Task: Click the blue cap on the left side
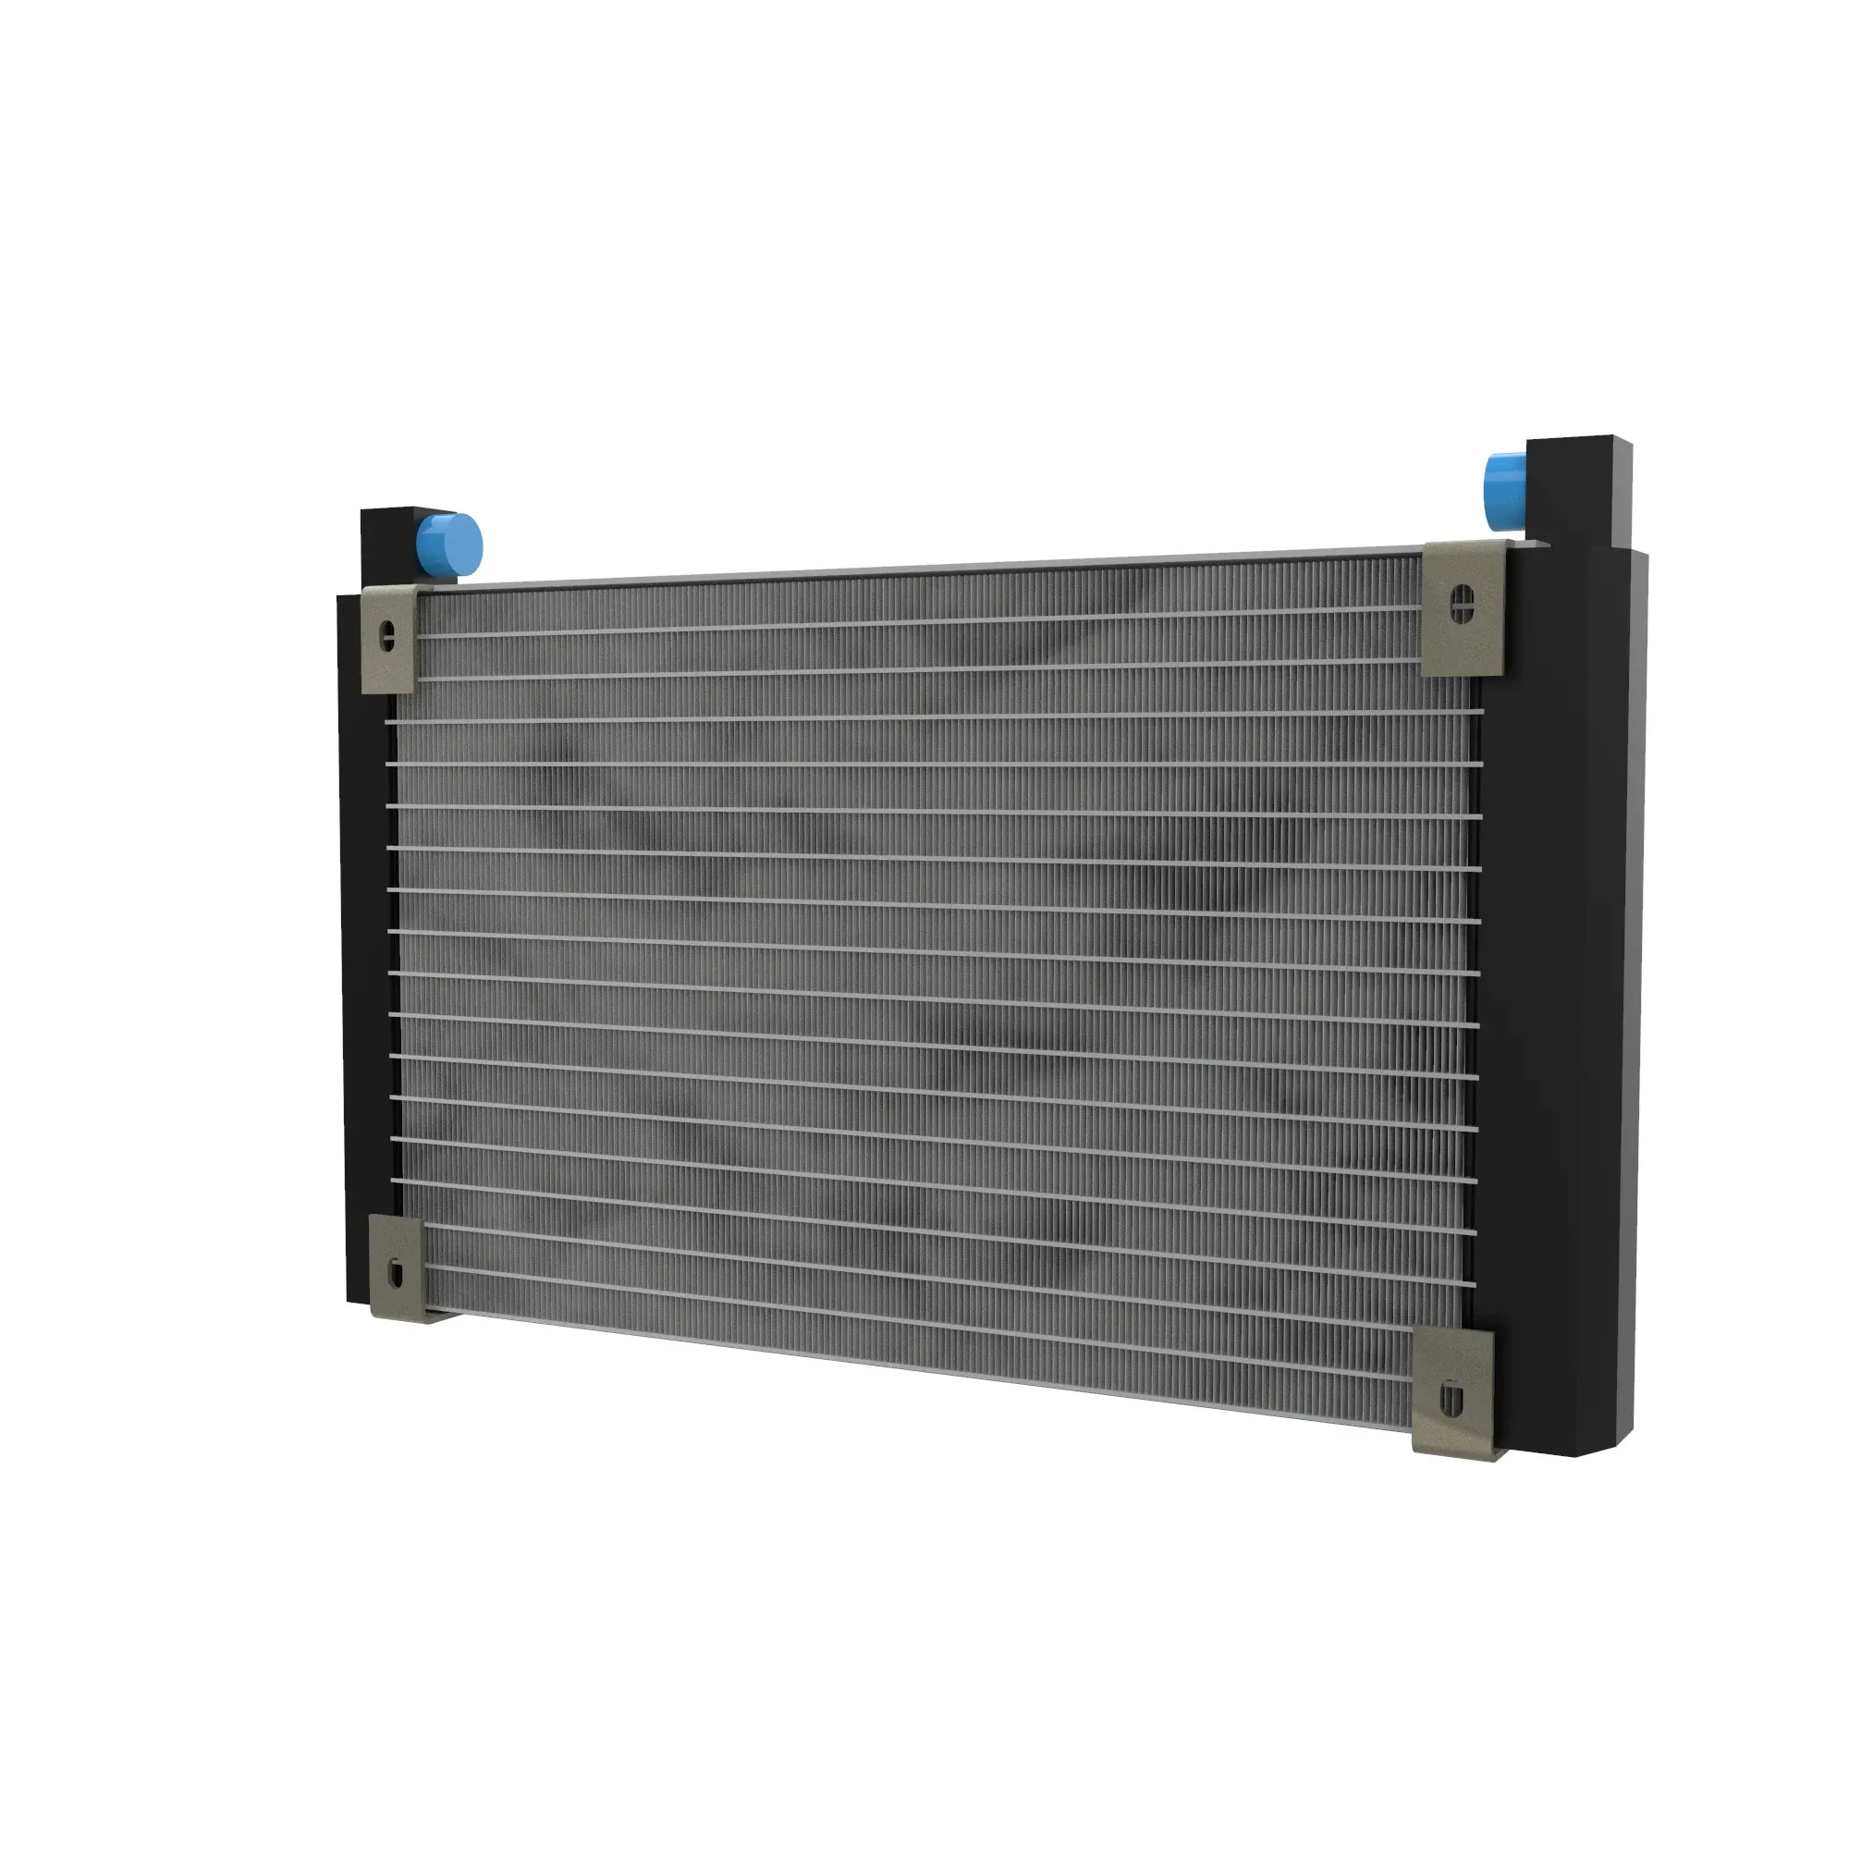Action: (x=450, y=545)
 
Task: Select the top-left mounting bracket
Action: (x=390, y=640)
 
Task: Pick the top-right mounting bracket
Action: (x=1462, y=607)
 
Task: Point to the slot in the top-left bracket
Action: (x=387, y=636)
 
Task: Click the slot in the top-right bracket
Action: (x=1463, y=603)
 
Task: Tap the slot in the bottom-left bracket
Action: (x=397, y=1273)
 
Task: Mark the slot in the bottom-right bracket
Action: (x=1451, y=1400)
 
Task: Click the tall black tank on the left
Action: (x=363, y=957)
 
